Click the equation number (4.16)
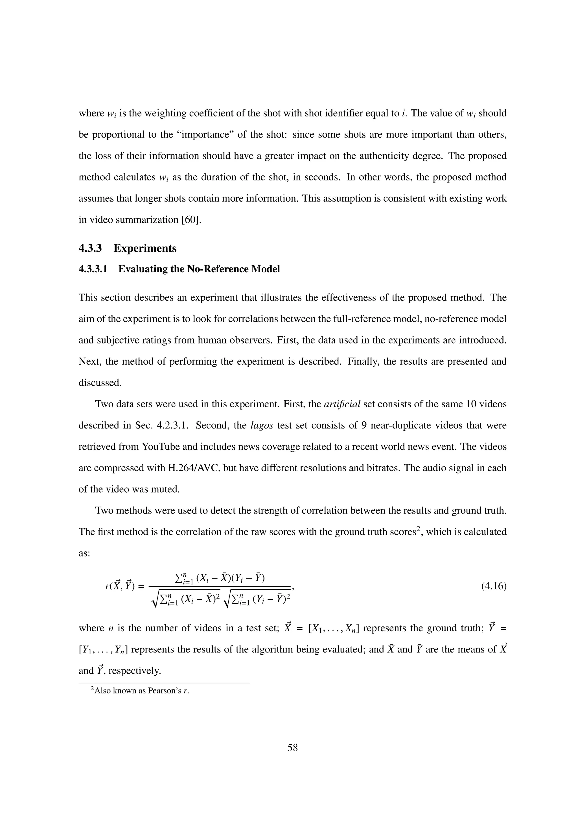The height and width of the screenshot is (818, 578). coord(494,586)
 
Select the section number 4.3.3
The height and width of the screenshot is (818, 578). coord(90,248)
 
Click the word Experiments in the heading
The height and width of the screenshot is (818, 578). coord(145,248)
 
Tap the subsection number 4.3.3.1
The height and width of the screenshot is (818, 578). coord(93,269)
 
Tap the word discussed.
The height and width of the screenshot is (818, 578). coord(100,383)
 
